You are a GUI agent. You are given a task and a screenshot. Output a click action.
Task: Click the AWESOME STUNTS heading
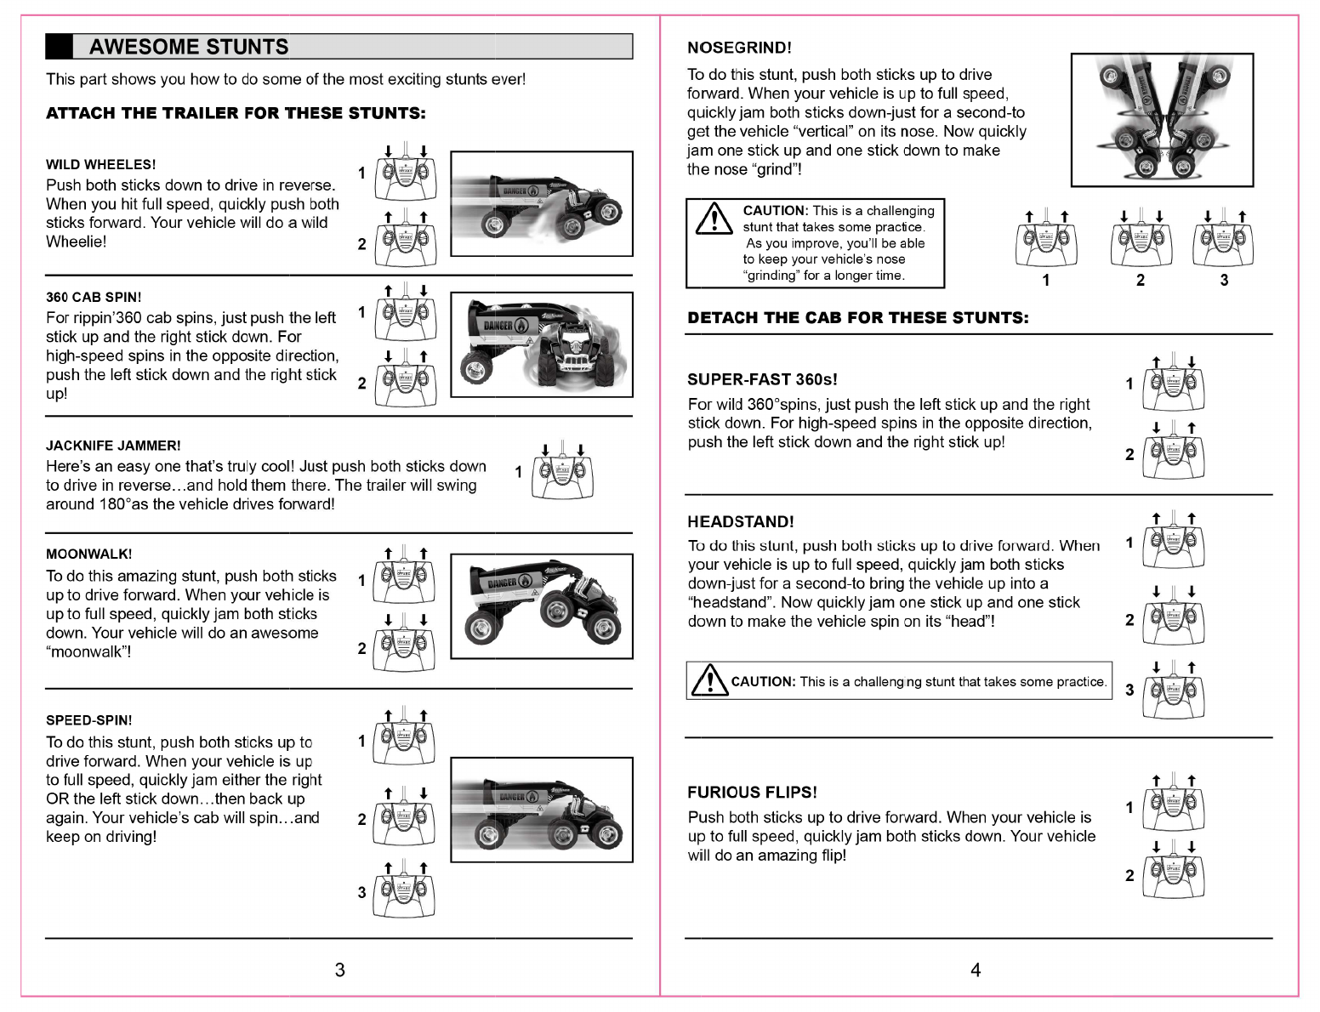coord(189,47)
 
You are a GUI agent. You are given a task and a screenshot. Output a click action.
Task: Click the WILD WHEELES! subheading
coord(100,165)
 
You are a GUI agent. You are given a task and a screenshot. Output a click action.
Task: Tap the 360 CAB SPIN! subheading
coord(94,298)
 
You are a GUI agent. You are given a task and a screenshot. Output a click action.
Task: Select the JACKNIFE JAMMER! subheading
coord(113,446)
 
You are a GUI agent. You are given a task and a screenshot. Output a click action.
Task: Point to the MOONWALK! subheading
coord(88,554)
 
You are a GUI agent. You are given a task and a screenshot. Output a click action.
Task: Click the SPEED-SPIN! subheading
coord(88,720)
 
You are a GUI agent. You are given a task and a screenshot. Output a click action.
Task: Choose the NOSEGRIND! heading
coord(739,48)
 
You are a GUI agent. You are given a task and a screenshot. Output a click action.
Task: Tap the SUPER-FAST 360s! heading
coord(762,379)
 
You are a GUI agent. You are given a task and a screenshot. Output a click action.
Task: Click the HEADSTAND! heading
coord(740,522)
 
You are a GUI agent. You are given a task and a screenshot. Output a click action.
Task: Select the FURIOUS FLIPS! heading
coord(752,793)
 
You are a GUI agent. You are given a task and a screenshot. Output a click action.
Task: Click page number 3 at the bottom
coord(340,970)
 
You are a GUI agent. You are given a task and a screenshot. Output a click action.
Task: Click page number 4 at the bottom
coord(976,970)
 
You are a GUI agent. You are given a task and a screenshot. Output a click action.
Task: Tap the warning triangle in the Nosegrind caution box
coord(714,220)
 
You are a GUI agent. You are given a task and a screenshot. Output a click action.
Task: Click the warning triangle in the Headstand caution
coord(708,679)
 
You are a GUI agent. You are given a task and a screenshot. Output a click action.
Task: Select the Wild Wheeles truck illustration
coord(542,204)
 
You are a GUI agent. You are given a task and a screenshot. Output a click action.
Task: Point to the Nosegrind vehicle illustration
coord(1162,120)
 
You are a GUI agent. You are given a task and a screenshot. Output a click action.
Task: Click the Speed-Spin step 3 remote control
coord(404,893)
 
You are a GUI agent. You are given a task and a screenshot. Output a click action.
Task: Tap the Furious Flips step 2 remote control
coord(1174,876)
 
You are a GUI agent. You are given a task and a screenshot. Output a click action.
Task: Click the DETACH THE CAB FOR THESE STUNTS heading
coord(857,318)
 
